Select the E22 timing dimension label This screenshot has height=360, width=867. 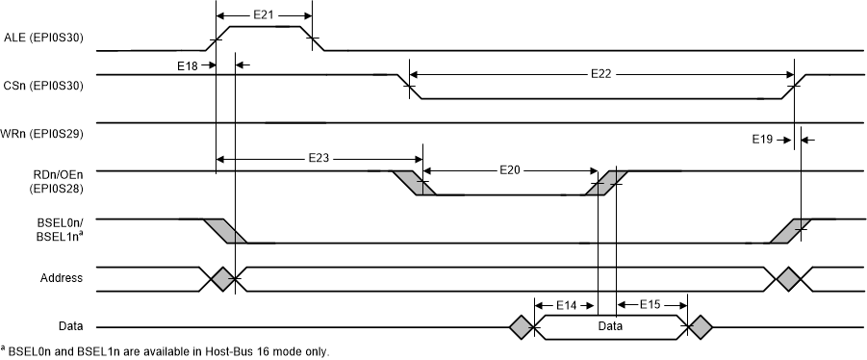[x=602, y=73]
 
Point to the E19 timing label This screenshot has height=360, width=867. [x=762, y=140]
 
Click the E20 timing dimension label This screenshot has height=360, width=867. [x=511, y=169]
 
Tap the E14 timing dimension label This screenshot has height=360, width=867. [x=566, y=304]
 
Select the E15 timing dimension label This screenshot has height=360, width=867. [x=650, y=304]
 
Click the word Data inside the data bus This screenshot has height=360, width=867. [x=608, y=327]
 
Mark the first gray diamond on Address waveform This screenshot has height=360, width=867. [x=222, y=279]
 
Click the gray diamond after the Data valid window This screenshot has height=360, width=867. [x=698, y=327]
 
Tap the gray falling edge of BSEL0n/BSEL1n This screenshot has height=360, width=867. [x=225, y=231]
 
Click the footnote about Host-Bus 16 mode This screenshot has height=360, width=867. [x=166, y=351]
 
